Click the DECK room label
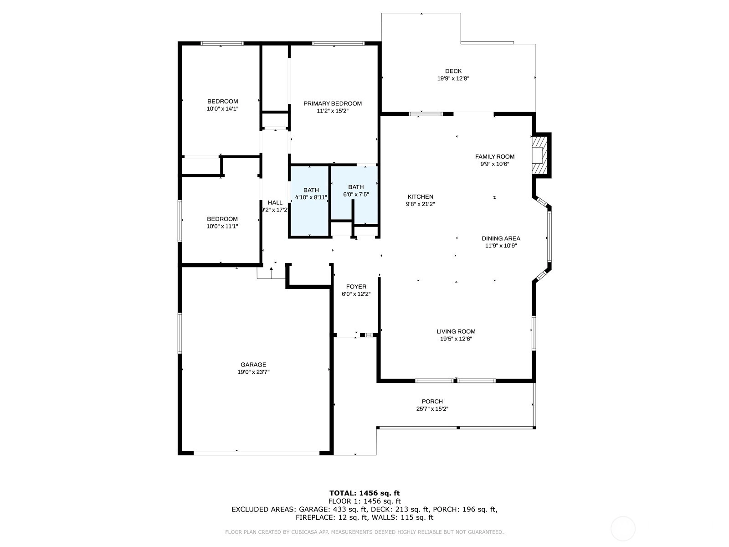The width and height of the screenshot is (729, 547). (453, 71)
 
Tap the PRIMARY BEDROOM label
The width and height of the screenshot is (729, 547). (333, 103)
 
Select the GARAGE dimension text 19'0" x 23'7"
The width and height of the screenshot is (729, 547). (253, 372)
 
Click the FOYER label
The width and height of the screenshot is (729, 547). (356, 287)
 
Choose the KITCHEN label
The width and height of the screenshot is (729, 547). (421, 196)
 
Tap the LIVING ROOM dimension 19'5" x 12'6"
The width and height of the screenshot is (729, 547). (456, 339)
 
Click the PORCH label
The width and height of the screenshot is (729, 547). (432, 402)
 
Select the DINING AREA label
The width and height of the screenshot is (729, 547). (501, 238)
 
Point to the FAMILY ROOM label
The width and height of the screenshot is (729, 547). (494, 156)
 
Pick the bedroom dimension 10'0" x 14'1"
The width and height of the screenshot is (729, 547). (222, 108)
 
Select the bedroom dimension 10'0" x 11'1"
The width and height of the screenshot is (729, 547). (222, 226)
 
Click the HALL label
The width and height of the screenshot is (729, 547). (275, 202)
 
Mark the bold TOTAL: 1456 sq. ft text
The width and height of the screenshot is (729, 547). (364, 493)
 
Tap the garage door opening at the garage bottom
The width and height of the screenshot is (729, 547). (257, 453)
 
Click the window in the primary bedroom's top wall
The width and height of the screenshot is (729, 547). (338, 43)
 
